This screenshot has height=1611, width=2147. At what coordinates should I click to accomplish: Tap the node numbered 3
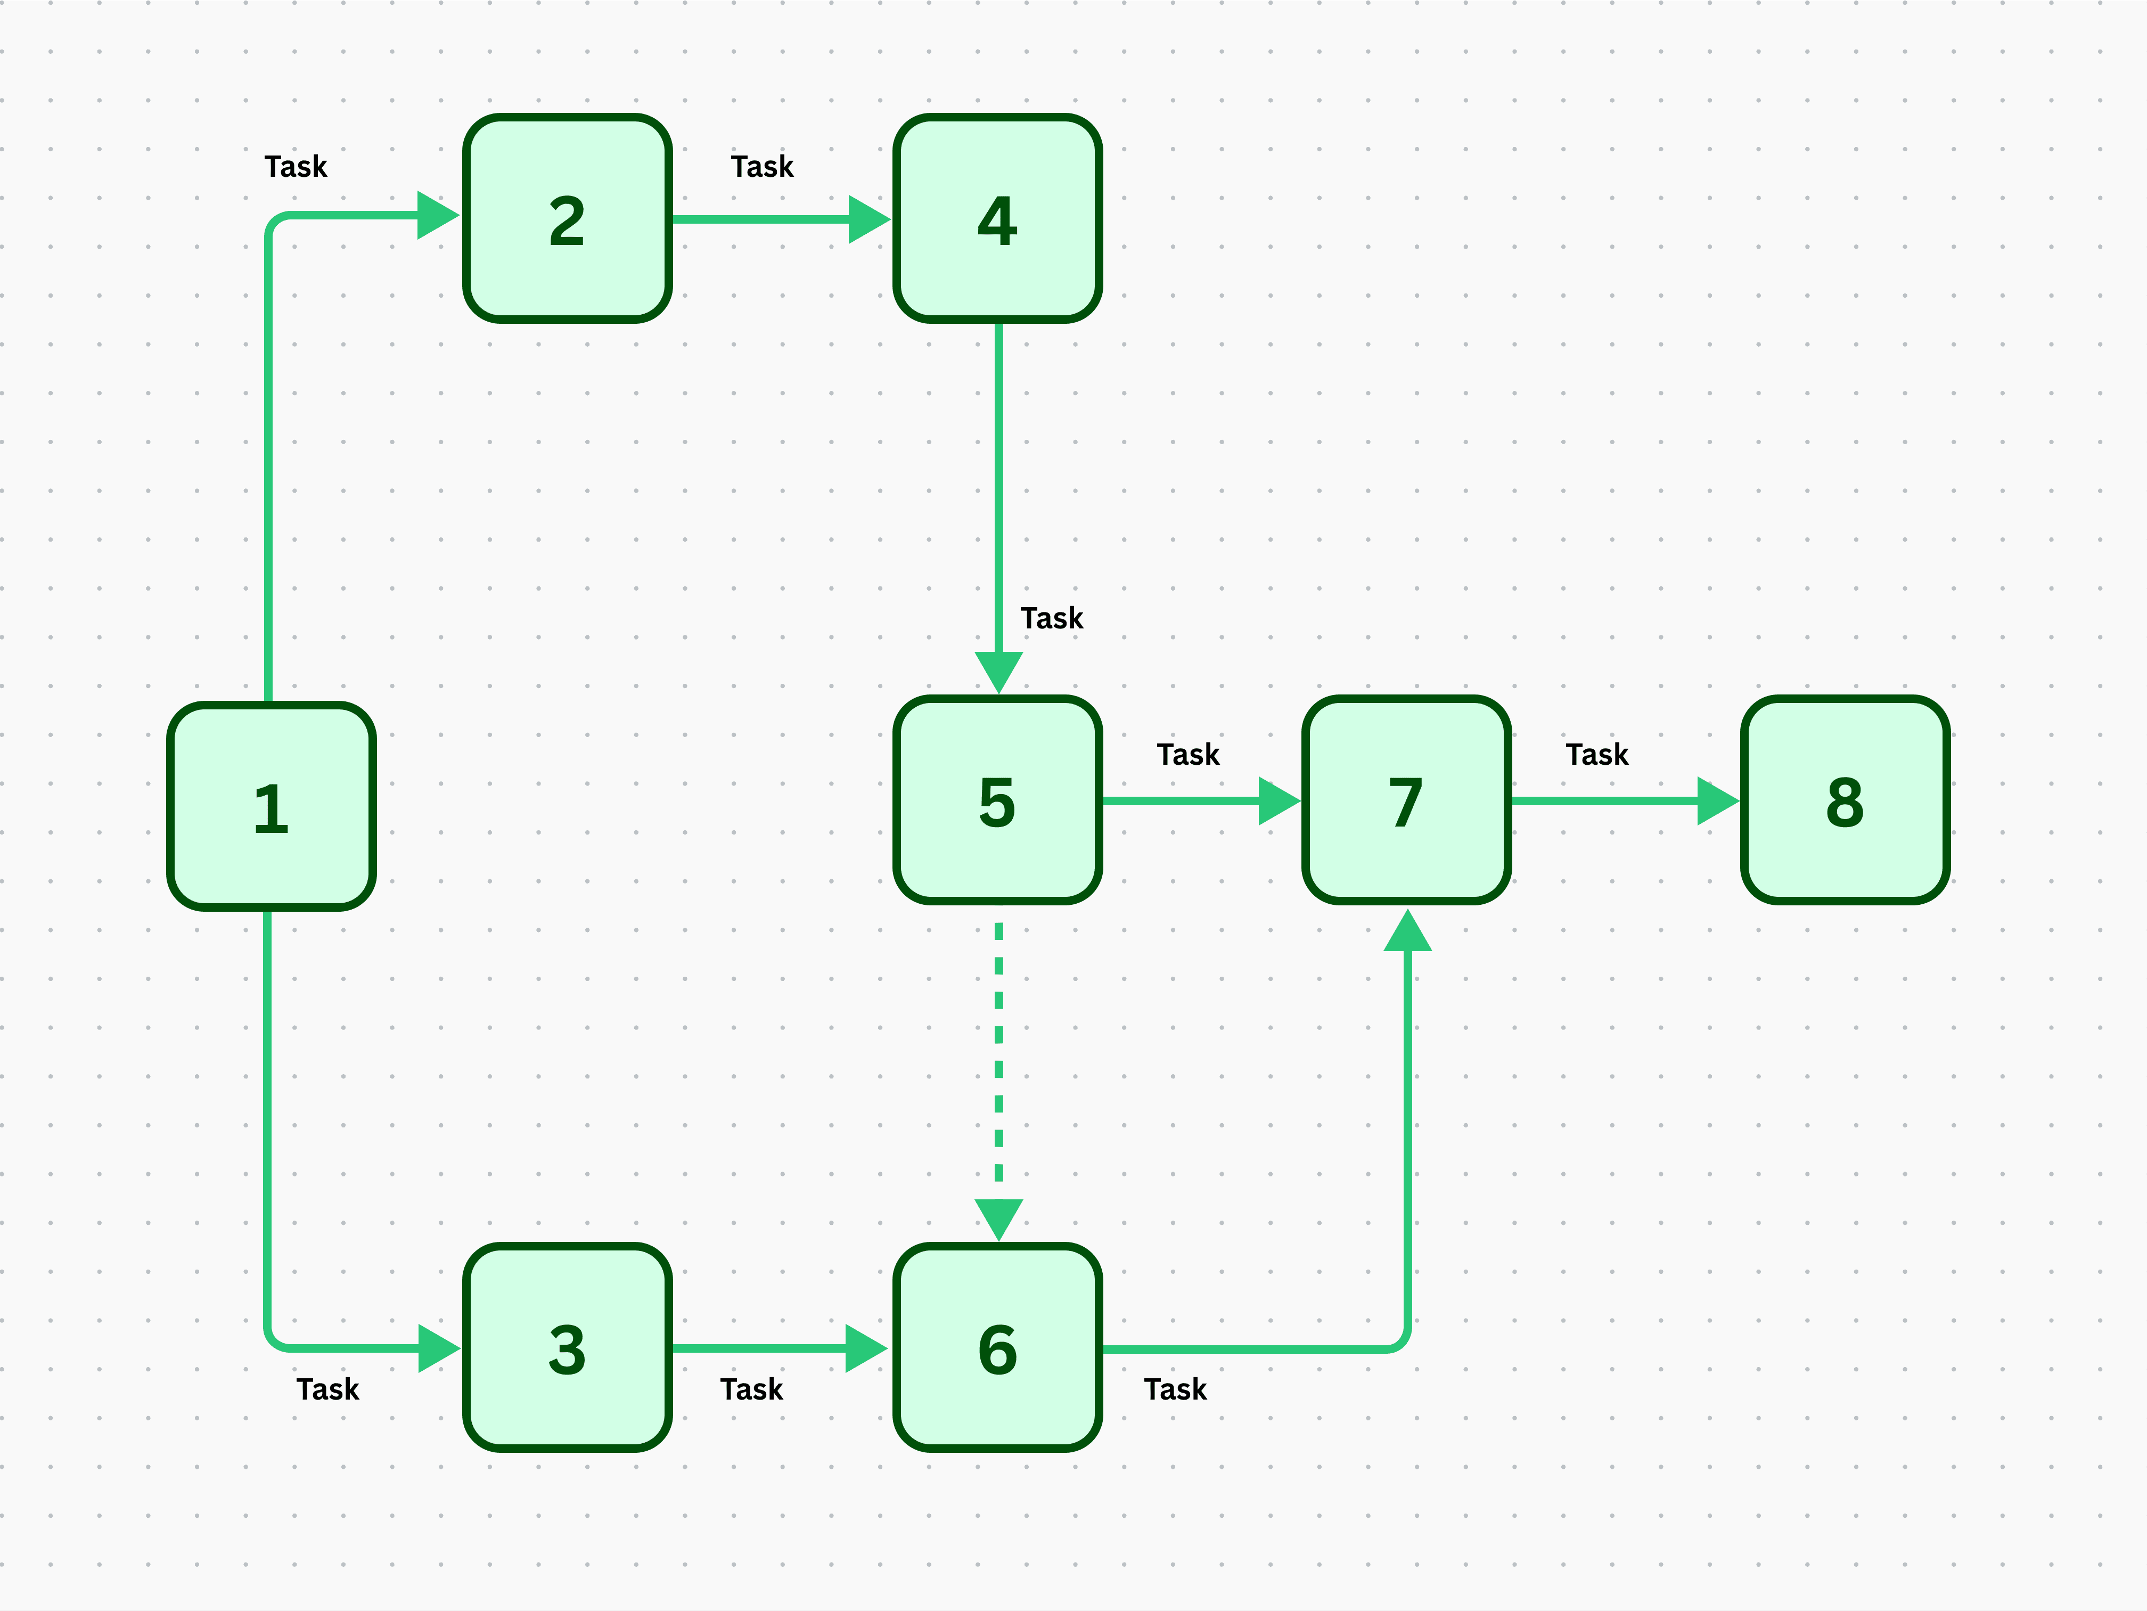(567, 1347)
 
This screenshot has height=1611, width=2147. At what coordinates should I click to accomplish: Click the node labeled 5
(997, 800)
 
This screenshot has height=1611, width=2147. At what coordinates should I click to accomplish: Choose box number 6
(997, 1347)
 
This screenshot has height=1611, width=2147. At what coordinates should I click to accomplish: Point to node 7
(1405, 800)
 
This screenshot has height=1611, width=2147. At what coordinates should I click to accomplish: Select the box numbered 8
(1844, 800)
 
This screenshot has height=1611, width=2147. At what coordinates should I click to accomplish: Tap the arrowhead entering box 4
(868, 219)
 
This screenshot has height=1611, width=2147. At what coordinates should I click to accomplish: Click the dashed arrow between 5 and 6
(999, 1058)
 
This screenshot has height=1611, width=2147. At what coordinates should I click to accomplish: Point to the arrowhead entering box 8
(1716, 800)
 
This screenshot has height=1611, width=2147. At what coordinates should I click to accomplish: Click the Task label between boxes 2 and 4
(762, 167)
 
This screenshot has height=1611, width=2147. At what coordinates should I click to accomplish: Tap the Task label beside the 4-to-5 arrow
(1051, 618)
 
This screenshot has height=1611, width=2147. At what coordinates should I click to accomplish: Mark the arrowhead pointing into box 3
(438, 1348)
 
